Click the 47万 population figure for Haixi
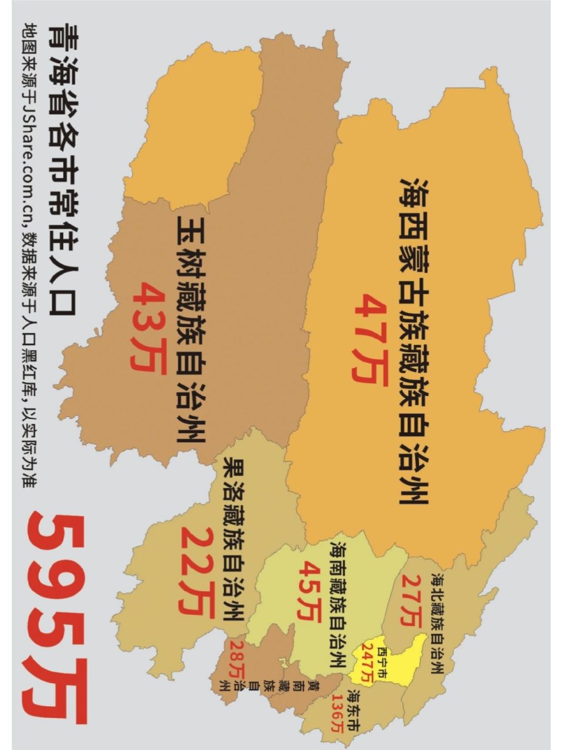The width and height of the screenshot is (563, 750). click(x=371, y=340)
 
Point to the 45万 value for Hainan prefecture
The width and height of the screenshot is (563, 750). click(x=307, y=592)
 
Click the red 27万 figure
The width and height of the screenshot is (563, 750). click(x=412, y=601)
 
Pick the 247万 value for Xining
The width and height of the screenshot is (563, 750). click(x=368, y=662)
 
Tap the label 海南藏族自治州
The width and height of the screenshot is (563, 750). click(x=337, y=604)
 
